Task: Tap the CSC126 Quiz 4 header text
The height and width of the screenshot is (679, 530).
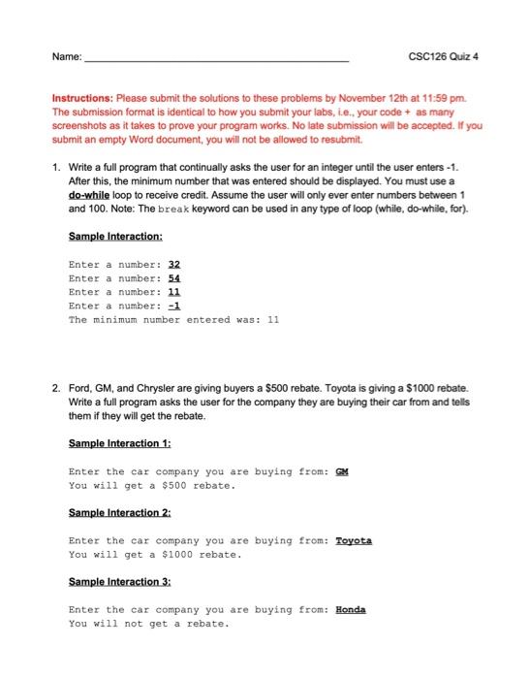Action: coord(447,56)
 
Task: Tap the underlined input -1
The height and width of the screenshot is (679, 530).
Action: coord(174,306)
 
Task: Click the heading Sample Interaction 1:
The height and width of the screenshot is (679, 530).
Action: coord(120,443)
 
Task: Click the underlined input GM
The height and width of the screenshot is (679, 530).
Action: coord(341,471)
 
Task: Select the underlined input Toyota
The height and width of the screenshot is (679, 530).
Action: coord(354,540)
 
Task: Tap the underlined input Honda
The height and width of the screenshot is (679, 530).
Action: coord(351,609)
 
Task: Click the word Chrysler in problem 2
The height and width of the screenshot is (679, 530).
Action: coord(150,389)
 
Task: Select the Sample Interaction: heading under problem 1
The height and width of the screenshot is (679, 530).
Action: coord(115,236)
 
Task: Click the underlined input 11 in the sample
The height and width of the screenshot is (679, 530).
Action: coord(174,291)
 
